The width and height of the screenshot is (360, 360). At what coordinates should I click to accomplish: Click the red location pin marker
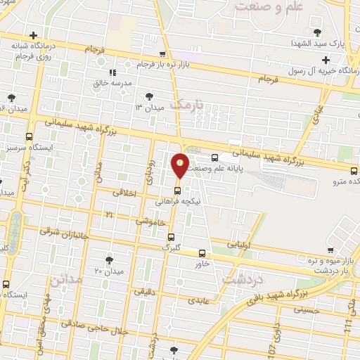tap(180, 166)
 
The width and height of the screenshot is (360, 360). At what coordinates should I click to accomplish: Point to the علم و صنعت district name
tap(269, 8)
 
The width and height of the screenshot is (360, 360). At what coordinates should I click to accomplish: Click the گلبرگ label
tap(171, 247)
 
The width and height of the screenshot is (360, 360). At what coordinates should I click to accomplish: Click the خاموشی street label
tap(152, 221)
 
